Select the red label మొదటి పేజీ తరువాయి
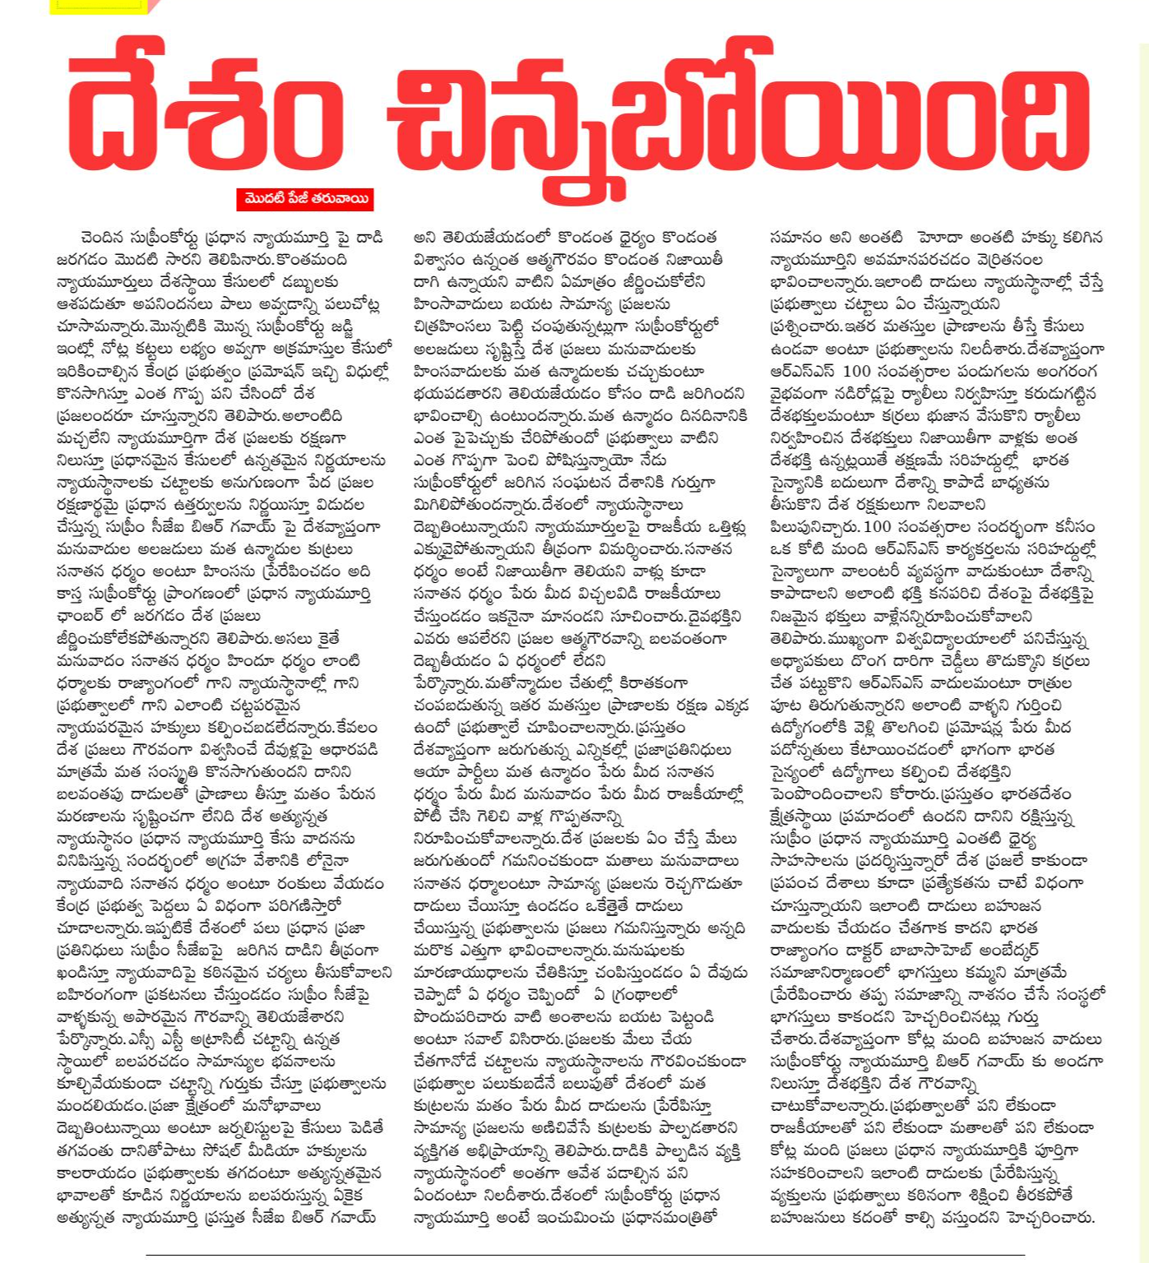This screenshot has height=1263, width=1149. point(305,199)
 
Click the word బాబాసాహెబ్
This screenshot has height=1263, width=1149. point(915,950)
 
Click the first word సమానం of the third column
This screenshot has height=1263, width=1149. point(796,238)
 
